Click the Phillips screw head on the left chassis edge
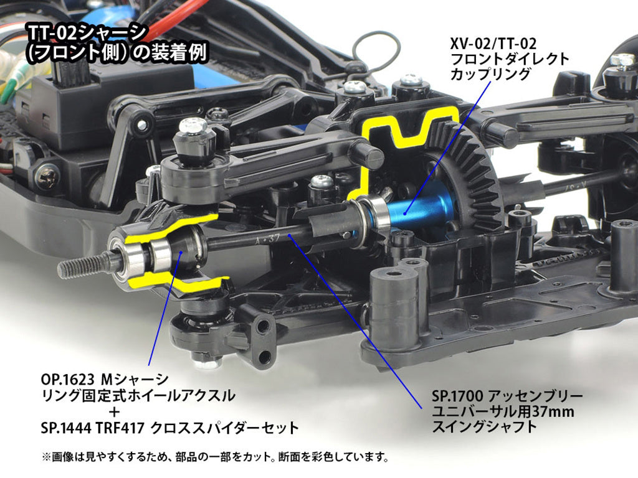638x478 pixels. (x=48, y=178)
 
